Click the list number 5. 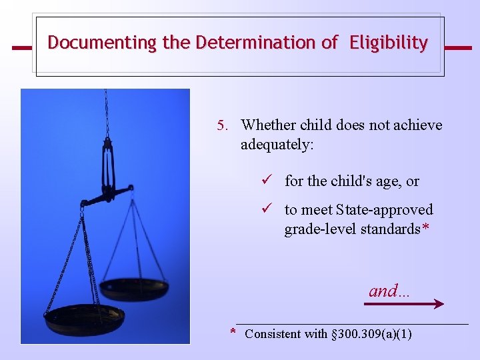[x=222, y=125]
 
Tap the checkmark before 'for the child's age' [x=265, y=181]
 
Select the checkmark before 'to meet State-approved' [x=265, y=209]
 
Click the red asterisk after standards [x=415, y=228]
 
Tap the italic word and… [x=389, y=291]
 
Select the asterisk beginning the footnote [x=233, y=332]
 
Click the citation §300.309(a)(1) [x=371, y=334]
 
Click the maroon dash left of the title [x=22, y=48]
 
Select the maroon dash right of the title [x=457, y=48]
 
